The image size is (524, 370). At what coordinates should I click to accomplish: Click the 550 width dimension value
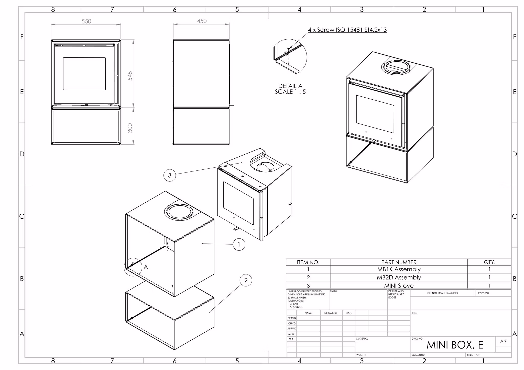coord(86,21)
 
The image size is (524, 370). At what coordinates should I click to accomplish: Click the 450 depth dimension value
coord(202,21)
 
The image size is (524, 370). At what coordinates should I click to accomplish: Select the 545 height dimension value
coord(130,76)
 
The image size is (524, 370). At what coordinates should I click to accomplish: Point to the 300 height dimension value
coord(130,128)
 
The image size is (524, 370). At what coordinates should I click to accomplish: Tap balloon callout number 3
coord(170,175)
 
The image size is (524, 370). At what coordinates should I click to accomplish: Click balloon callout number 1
coord(239,245)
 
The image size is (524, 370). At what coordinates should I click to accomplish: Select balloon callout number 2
coord(246,280)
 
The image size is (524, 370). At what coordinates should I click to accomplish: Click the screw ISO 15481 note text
coord(347,30)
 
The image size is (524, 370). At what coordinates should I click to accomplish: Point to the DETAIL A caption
coord(290,86)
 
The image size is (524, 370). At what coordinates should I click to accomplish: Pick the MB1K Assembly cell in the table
coord(399,269)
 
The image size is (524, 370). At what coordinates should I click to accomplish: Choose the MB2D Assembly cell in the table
coord(399,277)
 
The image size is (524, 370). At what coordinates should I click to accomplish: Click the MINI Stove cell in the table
coord(399,286)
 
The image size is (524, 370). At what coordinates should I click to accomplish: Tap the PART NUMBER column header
coord(399,262)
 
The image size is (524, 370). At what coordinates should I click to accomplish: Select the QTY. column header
coord(489,262)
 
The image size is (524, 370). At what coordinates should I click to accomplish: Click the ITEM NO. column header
coord(308,262)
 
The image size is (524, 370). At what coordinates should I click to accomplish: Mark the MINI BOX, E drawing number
coord(455,345)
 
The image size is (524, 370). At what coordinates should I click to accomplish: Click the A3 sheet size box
coord(503,342)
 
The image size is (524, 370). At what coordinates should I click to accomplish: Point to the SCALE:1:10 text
coord(418,355)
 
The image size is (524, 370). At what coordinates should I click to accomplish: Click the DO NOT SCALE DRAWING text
coord(442,293)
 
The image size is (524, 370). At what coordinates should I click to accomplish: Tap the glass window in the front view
coord(84,74)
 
